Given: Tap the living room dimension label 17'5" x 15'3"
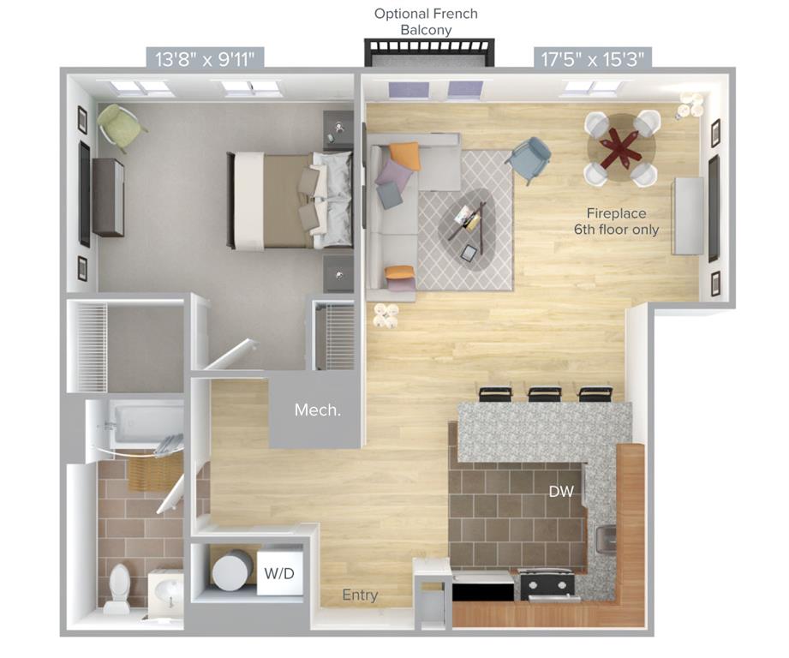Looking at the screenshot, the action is (x=592, y=59).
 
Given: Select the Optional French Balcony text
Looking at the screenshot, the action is (x=426, y=21).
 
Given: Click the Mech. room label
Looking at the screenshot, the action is (x=318, y=410).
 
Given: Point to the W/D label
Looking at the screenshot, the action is (x=279, y=573).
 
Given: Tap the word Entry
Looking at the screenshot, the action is (x=360, y=595).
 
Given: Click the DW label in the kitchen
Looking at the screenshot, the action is (x=561, y=492).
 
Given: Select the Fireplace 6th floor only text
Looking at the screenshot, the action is (x=617, y=221).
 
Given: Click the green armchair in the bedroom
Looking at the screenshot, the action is (x=119, y=126).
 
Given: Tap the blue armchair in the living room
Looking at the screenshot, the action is (x=529, y=159).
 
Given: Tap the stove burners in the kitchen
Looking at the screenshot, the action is (x=547, y=583).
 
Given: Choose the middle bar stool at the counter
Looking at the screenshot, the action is (x=545, y=393).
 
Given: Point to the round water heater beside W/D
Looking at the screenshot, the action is (x=232, y=571).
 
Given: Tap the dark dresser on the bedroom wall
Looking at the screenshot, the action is (x=108, y=197).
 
